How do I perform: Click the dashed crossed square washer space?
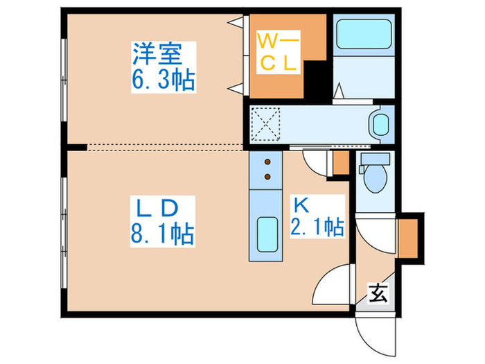(264, 123)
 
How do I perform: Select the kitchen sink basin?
(266, 236)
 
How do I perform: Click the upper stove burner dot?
(267, 164)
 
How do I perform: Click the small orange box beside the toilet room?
(341, 163)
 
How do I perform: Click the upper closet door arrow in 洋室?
(236, 23)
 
